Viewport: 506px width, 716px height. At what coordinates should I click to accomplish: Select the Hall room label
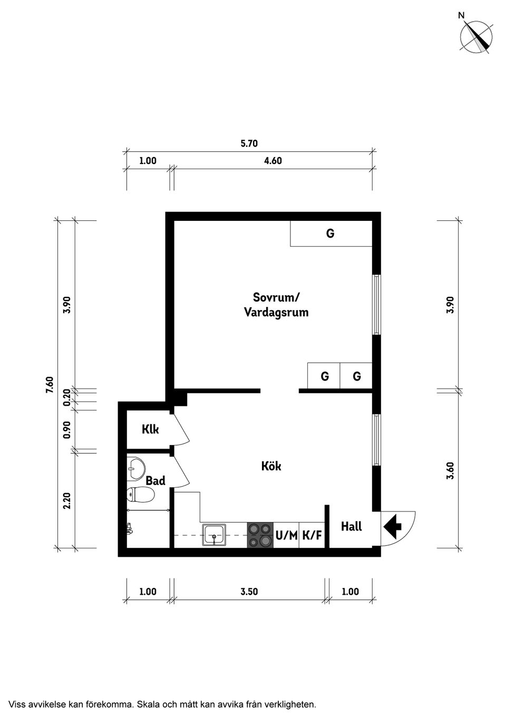[351, 526]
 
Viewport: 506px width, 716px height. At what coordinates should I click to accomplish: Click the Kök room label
[271, 466]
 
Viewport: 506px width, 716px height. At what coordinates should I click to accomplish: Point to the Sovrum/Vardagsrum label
[276, 305]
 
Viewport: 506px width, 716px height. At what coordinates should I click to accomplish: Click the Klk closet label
[150, 429]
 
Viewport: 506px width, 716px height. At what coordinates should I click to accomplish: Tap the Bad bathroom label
[155, 480]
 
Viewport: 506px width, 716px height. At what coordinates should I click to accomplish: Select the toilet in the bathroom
[140, 495]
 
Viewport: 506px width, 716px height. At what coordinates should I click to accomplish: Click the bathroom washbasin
[137, 468]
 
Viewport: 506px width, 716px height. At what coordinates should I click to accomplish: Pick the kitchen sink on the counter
[215, 535]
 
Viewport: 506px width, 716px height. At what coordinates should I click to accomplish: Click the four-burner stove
[260, 535]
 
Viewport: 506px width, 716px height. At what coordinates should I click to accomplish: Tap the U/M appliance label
[286, 536]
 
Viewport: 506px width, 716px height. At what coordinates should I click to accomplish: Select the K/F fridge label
[312, 536]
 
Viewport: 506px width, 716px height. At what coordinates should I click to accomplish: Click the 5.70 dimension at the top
[249, 143]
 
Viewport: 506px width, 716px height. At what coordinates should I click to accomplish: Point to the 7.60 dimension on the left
[50, 384]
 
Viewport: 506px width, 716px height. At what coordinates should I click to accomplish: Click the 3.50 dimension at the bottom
[249, 592]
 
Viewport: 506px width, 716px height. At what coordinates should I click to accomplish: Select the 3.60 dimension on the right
[450, 470]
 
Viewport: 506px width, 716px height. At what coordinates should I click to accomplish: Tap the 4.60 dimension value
[273, 161]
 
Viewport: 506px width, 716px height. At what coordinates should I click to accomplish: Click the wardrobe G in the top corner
[330, 234]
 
